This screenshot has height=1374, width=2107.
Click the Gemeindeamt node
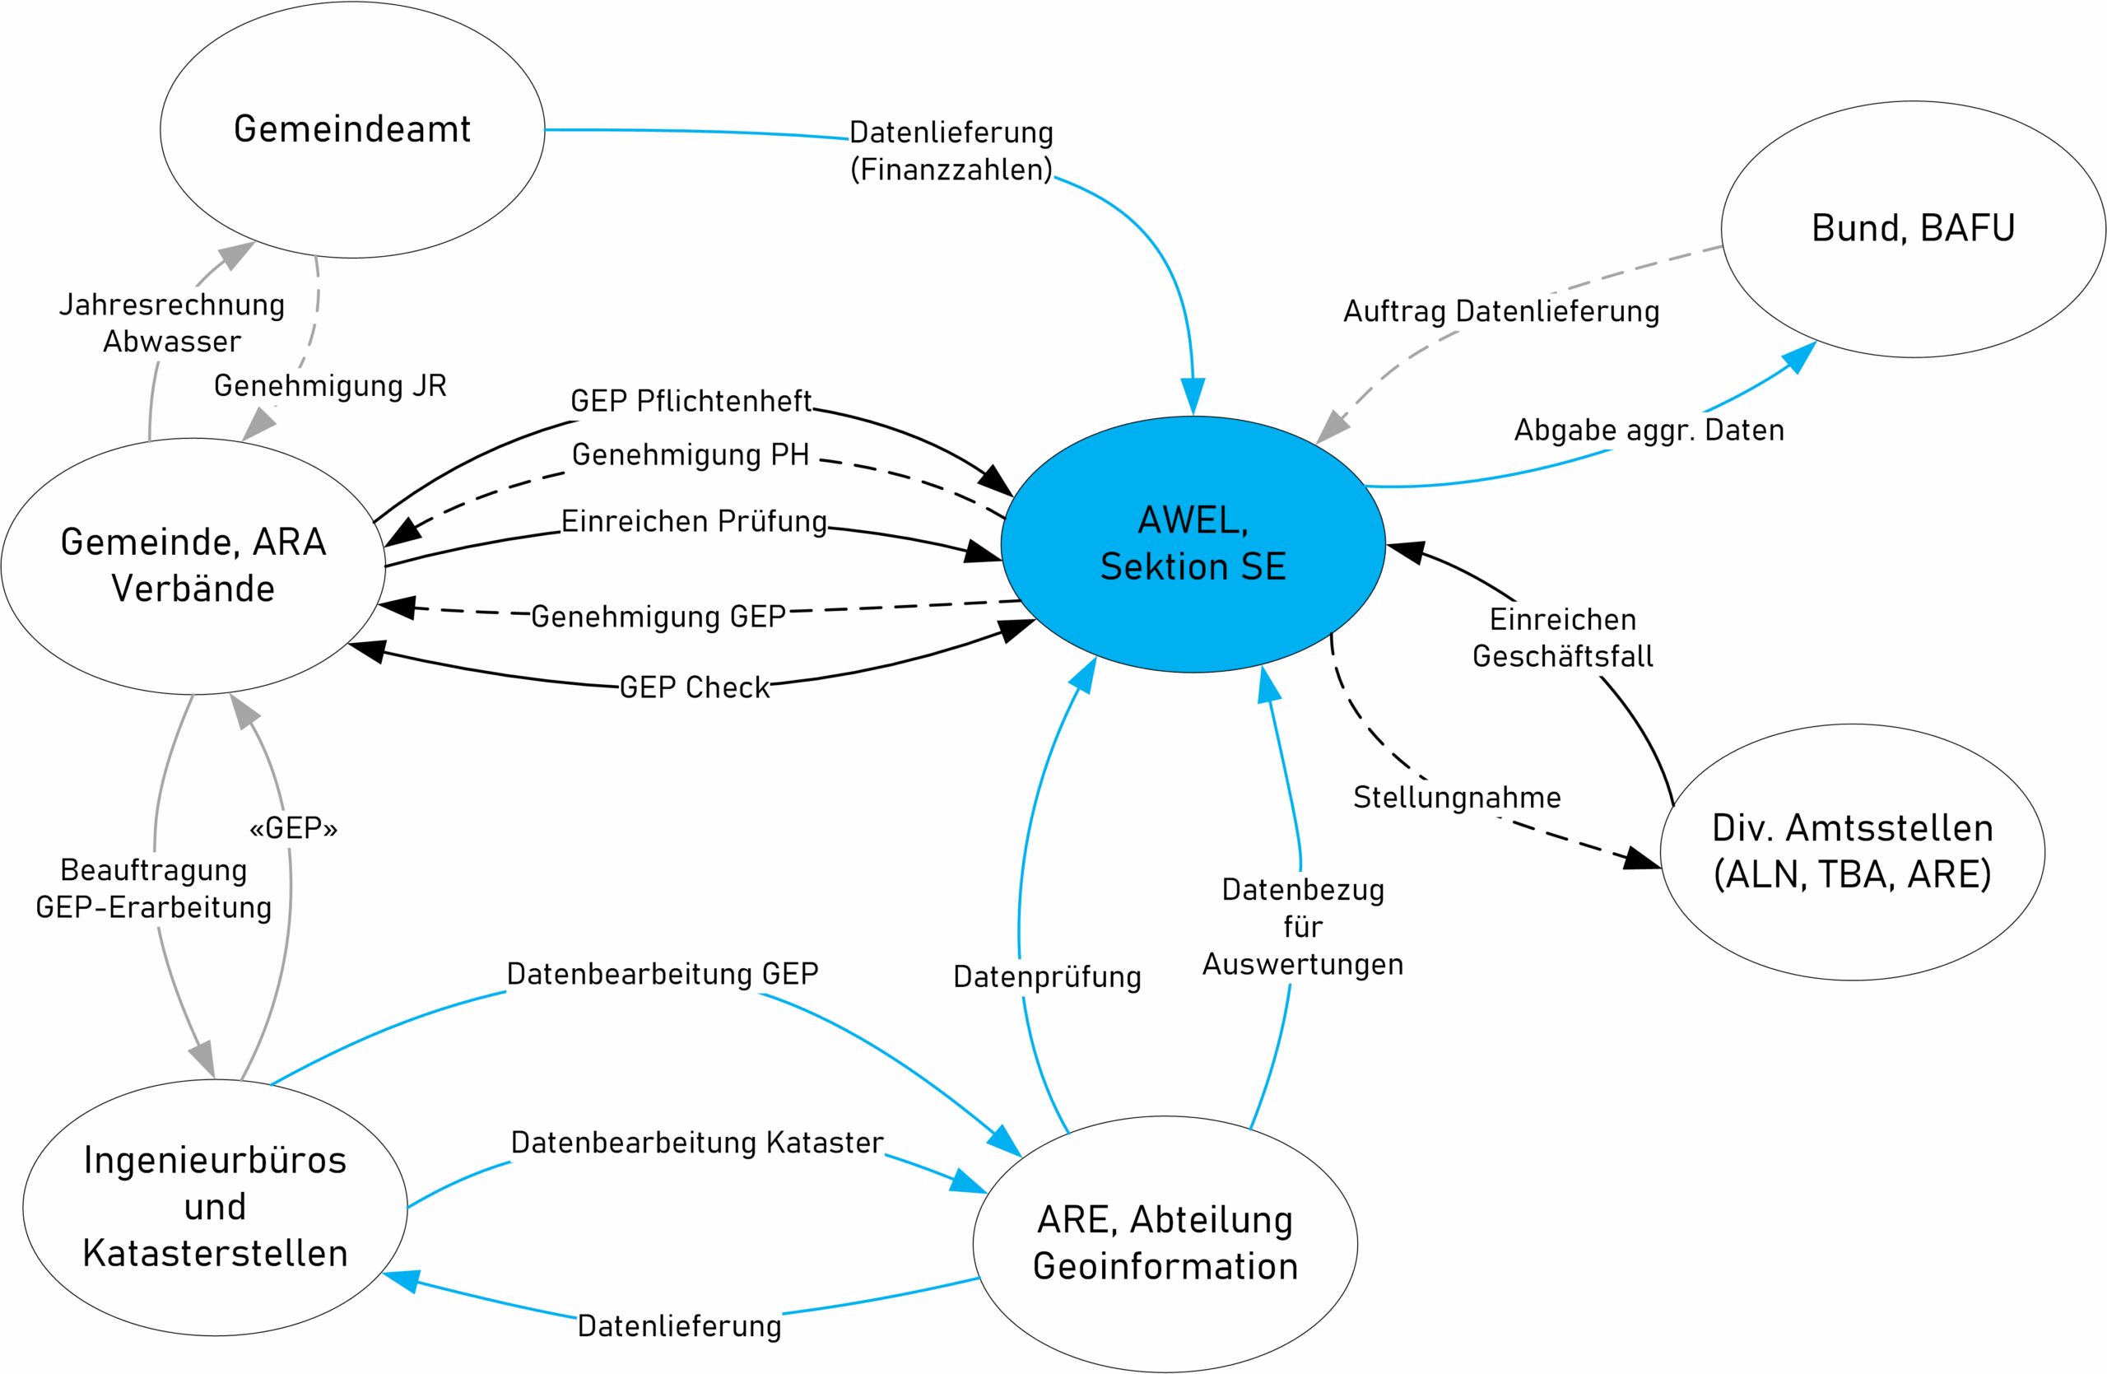[x=352, y=130]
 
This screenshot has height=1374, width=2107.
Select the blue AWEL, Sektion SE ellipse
[x=1193, y=543]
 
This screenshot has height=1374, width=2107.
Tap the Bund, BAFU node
[x=1912, y=228]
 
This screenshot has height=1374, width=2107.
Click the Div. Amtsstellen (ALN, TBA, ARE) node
[x=1852, y=852]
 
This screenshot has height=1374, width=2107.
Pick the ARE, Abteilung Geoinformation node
[x=1165, y=1243]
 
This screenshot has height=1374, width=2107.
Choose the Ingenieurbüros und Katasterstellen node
[x=215, y=1207]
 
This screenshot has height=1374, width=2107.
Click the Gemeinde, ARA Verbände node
[x=193, y=566]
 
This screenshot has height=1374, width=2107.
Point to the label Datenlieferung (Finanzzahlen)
[x=951, y=151]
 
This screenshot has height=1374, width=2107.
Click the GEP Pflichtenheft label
[x=691, y=401]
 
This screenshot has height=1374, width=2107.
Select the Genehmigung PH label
[x=691, y=454]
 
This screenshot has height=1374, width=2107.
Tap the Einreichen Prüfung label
[x=694, y=521]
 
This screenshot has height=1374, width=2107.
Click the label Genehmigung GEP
[x=658, y=616]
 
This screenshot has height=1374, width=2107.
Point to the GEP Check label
[x=694, y=687]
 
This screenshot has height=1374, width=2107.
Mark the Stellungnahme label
[x=1457, y=797]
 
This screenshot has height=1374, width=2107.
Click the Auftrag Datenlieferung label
[x=1501, y=312]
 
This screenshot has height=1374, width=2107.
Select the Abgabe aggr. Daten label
[x=1649, y=431]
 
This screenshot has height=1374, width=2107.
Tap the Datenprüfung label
[x=1047, y=976]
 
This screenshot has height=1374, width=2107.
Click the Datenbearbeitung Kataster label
[x=698, y=1142]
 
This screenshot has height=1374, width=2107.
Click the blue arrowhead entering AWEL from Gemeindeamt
[x=1193, y=397]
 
